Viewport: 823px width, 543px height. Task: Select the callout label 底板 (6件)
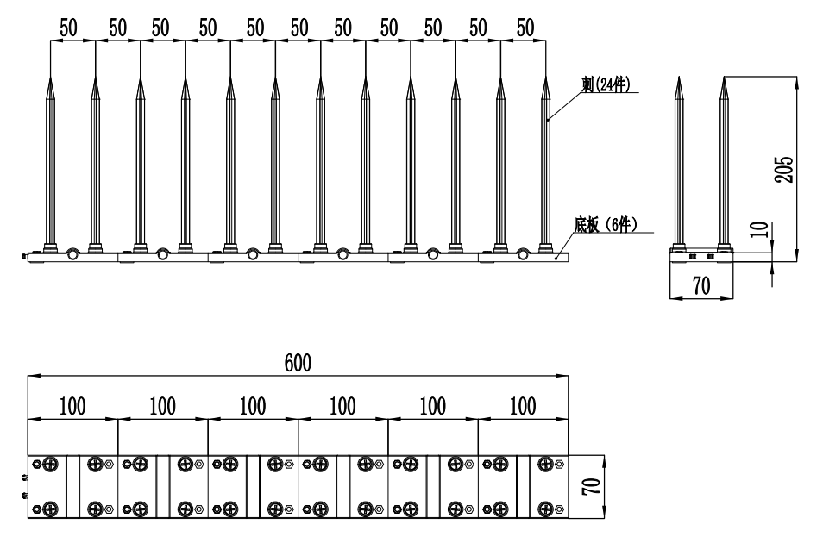[605, 225]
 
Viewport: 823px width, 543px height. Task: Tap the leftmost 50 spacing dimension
[68, 27]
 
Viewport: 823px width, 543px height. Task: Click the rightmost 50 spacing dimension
[525, 27]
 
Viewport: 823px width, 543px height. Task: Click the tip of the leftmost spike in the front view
[50, 76]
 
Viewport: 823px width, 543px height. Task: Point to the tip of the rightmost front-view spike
[545, 76]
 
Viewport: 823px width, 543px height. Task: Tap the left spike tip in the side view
[679, 78]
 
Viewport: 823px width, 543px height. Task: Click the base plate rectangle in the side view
[701, 256]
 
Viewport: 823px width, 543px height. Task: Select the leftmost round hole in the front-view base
[72, 253]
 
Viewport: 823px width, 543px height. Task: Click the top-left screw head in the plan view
[51, 464]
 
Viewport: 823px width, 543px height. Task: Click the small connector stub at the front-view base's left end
[23, 256]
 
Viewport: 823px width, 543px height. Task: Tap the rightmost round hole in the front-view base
[523, 253]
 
